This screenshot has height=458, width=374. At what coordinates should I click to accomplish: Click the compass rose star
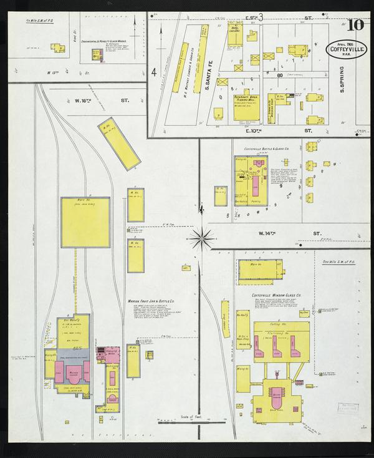[x=201, y=236]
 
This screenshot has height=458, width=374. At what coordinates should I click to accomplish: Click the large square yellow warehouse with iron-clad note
[x=86, y=223]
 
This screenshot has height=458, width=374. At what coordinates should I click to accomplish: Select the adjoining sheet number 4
[x=153, y=72]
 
